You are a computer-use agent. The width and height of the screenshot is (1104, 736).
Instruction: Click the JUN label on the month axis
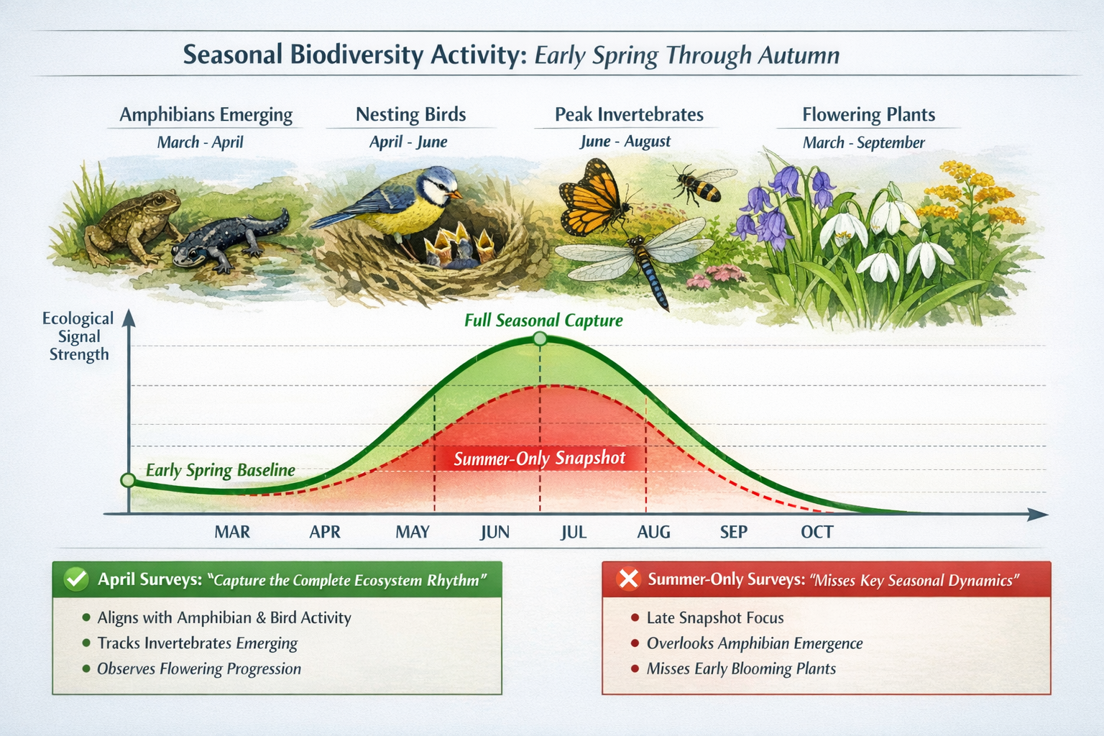tap(494, 533)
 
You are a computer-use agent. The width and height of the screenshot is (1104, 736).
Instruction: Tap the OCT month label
tap(816, 533)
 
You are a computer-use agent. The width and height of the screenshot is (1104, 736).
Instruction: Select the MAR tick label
tap(232, 533)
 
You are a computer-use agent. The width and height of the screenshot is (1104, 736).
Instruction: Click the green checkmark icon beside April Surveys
tap(76, 579)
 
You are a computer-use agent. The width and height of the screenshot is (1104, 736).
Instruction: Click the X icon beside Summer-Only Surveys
tap(628, 579)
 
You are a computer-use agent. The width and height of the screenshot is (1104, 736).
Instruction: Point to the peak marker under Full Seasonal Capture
tap(540, 339)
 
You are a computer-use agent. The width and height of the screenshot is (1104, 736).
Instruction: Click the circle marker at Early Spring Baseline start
tap(128, 480)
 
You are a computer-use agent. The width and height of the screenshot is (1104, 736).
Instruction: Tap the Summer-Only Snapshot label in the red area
tap(539, 459)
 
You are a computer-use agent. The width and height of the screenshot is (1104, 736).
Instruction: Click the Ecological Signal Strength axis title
tap(78, 336)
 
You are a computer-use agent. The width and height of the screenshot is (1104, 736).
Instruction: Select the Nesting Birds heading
tap(410, 115)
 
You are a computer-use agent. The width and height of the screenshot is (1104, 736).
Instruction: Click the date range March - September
tap(863, 142)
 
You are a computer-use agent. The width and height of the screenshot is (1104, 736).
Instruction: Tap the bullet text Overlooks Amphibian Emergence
tap(754, 643)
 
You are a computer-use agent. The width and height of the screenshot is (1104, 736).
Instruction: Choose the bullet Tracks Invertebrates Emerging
tap(197, 643)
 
